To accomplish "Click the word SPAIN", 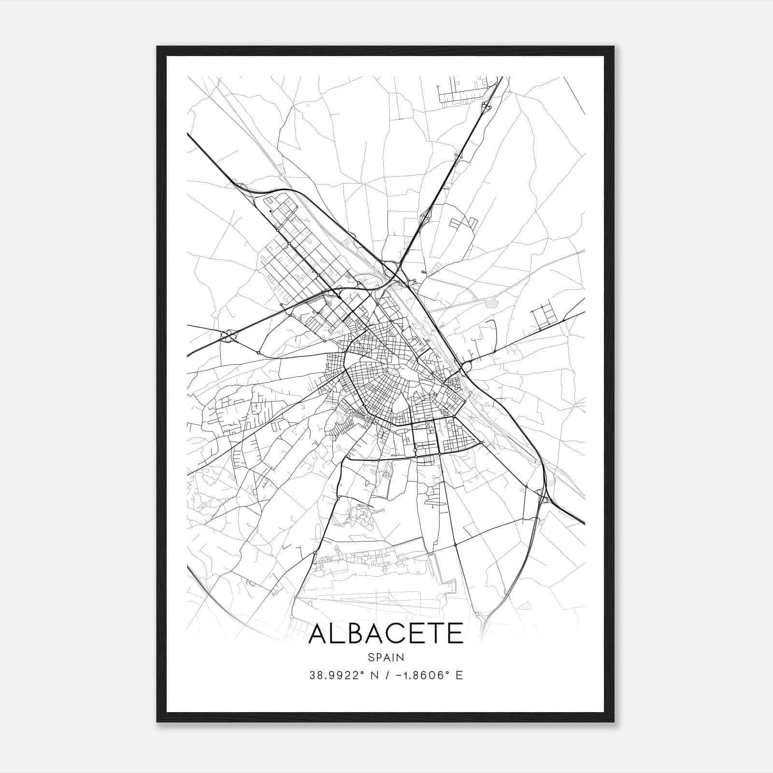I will pos(386,657).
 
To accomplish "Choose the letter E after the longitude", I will pos(459,675).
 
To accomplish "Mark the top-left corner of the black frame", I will pos(158,47).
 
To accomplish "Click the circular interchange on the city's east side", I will pos(466,368).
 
